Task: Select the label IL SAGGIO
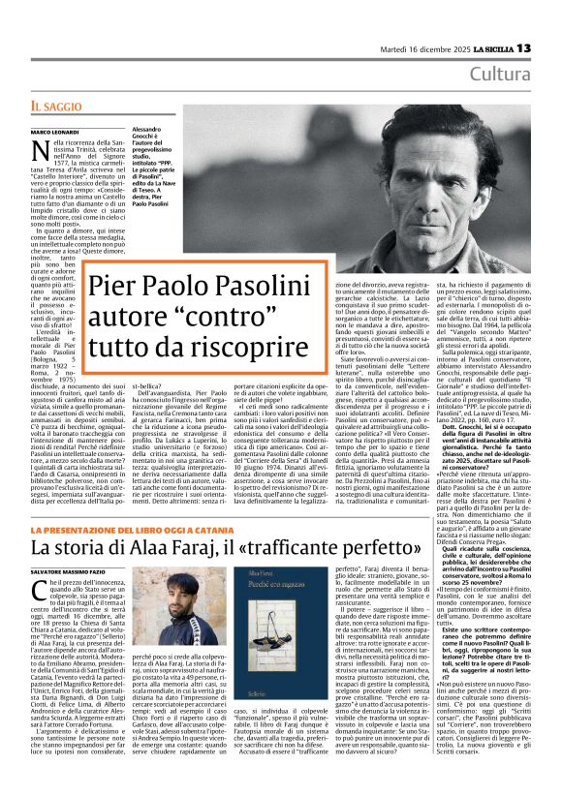(x=53, y=104)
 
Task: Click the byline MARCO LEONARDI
(x=51, y=131)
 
